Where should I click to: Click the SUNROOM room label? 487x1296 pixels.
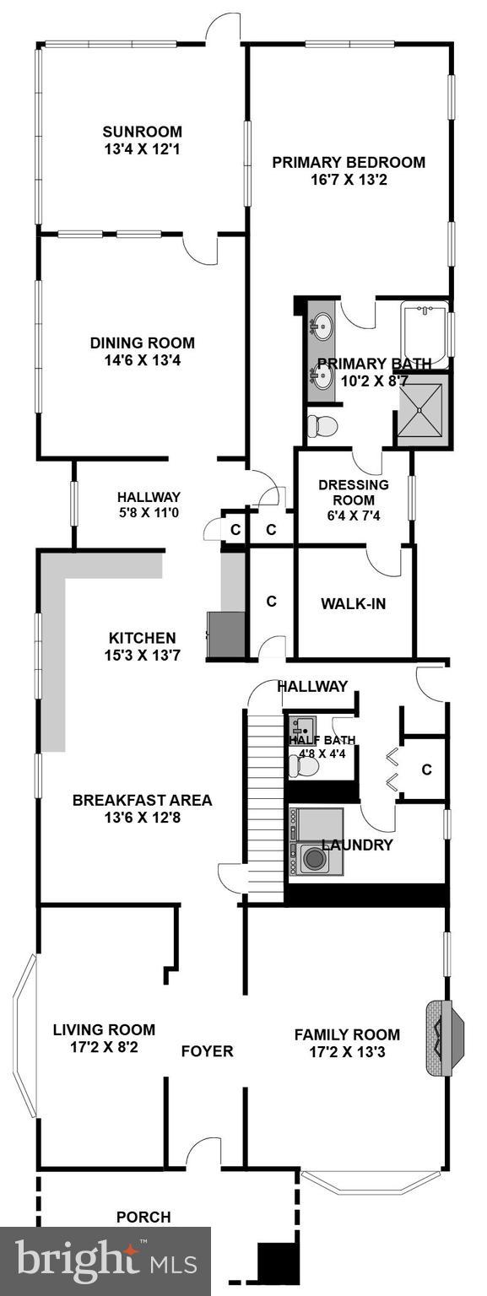tap(142, 132)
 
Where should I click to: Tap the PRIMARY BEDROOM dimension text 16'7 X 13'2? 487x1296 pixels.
tap(348, 180)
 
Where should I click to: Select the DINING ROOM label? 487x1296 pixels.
tap(142, 343)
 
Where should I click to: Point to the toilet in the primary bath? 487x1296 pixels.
tap(321, 425)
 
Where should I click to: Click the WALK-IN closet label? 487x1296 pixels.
tap(353, 603)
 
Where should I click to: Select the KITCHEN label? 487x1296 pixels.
tap(142, 638)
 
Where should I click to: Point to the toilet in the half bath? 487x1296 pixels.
tap(303, 765)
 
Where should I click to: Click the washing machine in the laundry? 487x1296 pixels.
tap(315, 859)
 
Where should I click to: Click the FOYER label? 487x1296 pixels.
tap(207, 1051)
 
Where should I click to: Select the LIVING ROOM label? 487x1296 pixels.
tap(104, 1029)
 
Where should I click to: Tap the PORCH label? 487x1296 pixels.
tap(143, 1217)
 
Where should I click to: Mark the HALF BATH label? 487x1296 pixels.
tap(322, 740)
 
